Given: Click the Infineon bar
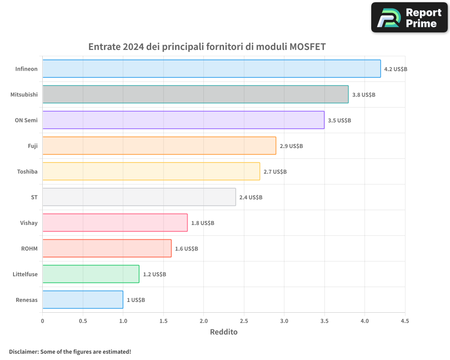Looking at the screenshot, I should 211,69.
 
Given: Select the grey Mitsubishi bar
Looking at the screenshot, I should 195,94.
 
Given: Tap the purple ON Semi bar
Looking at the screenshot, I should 183,120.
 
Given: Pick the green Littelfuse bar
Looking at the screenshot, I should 91,274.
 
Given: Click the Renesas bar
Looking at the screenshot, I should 83,300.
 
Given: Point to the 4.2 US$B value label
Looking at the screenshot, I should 396,69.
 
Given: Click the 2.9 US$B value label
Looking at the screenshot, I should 291,146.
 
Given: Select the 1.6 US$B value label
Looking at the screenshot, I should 186,249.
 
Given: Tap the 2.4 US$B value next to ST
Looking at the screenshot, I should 251,198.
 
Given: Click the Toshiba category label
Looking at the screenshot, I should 27,171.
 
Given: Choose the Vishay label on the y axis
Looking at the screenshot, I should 29,223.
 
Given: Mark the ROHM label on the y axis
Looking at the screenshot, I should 29,248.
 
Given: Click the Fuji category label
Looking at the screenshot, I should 33,146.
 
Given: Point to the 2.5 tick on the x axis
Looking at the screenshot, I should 244,321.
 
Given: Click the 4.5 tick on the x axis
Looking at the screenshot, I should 405,321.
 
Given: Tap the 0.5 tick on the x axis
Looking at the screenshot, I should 83,321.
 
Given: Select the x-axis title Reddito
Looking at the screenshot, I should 224,332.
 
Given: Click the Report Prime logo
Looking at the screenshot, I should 409,18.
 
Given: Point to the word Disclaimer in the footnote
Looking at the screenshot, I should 23,351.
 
